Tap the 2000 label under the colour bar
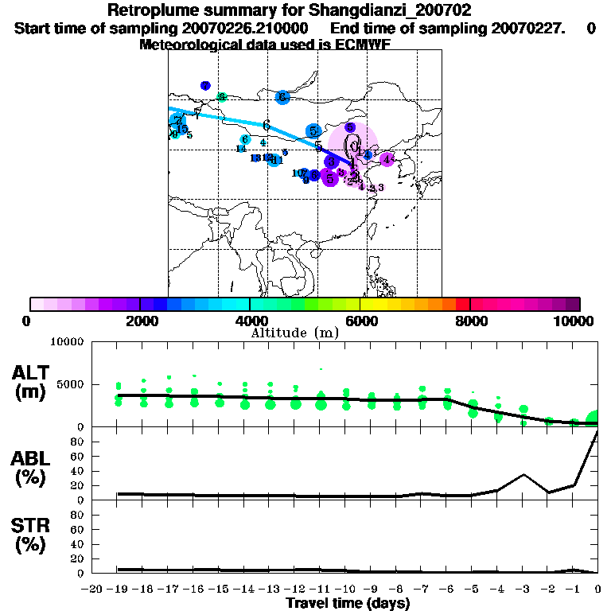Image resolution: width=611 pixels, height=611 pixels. [139, 321]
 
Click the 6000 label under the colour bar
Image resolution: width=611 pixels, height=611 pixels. [360, 321]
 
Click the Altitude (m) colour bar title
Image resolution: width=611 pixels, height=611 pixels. [294, 333]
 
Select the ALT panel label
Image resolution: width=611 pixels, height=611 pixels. [31, 382]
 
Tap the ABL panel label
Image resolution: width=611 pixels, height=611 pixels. [31, 469]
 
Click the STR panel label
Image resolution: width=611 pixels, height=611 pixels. [31, 535]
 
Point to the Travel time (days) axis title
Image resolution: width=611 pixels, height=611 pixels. [348, 604]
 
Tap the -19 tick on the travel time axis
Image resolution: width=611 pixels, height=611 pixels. [117, 590]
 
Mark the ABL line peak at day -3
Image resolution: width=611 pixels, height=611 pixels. [523, 474]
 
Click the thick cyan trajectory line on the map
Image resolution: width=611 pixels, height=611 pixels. [239, 120]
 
